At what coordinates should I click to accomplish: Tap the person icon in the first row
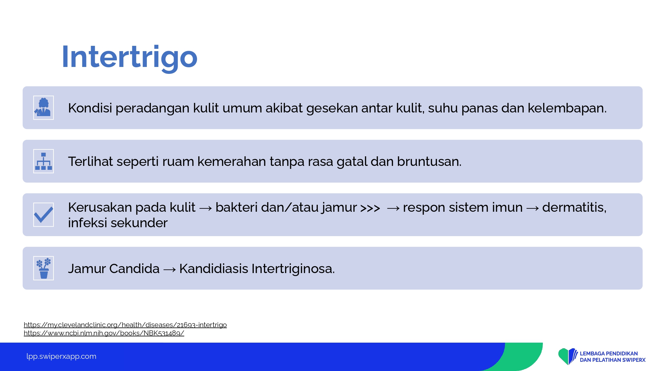point(44,108)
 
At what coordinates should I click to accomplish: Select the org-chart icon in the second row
point(44,161)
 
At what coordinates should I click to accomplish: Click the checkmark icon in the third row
point(44,215)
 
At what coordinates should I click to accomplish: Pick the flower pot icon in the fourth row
point(44,268)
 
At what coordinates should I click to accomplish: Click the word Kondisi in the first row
point(90,108)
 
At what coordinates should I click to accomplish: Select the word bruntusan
point(429,162)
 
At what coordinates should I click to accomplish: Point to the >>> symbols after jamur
point(370,208)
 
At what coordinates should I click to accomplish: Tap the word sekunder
point(139,223)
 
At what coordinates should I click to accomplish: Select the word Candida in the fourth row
point(134,269)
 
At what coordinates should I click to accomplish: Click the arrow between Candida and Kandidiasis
point(170,270)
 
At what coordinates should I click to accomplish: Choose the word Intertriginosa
point(293,269)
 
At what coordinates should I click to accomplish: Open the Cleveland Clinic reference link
point(125,325)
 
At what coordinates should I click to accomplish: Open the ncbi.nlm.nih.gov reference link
point(104,333)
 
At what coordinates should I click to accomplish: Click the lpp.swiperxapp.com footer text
point(61,356)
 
